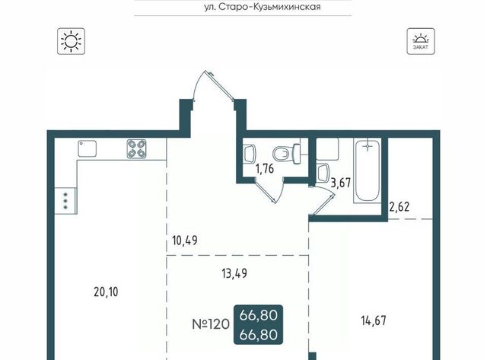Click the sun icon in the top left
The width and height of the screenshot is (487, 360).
click(x=71, y=41)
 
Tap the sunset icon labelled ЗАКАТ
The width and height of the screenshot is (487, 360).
click(x=421, y=41)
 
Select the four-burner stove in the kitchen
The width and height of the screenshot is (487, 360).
click(x=137, y=148)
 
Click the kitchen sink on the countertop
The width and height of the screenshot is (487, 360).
click(x=87, y=148)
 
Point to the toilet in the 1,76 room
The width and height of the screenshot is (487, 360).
click(x=286, y=154)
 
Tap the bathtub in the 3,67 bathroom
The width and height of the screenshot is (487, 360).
click(x=368, y=170)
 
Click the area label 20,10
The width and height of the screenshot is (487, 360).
click(x=106, y=292)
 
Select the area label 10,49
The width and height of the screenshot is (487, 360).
click(x=185, y=241)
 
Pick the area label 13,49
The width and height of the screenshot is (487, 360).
click(x=235, y=273)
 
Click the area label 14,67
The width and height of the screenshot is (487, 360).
click(x=374, y=320)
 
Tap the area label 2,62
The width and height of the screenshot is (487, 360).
click(x=399, y=206)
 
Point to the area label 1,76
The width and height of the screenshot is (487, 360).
click(x=265, y=169)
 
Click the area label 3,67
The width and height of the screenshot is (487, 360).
click(x=341, y=183)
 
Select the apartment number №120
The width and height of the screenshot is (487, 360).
click(x=212, y=324)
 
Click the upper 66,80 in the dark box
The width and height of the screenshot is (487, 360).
click(x=259, y=316)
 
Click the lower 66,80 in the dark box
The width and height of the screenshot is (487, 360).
click(x=259, y=335)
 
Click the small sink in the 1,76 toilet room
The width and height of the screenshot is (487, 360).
click(x=250, y=153)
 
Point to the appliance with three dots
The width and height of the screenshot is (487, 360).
click(x=66, y=201)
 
